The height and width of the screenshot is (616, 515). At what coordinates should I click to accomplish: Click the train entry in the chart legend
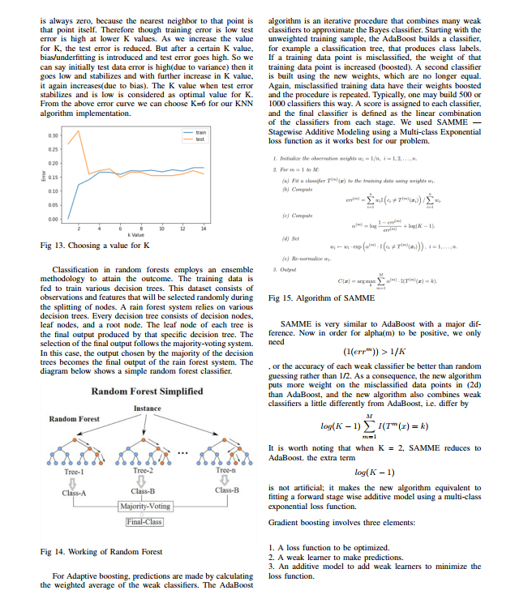click(198, 131)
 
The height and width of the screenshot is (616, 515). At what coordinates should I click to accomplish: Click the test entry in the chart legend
click(198, 139)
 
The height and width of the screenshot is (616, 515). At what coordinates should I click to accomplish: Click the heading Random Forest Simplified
click(147, 391)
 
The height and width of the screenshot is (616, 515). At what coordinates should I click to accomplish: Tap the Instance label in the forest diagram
click(147, 407)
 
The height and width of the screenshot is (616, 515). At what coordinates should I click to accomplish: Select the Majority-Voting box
click(144, 506)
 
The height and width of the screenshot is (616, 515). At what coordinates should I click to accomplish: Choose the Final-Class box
click(144, 522)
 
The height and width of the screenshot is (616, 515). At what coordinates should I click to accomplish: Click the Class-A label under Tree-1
click(74, 491)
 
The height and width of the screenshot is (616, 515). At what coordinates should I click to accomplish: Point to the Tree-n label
click(226, 470)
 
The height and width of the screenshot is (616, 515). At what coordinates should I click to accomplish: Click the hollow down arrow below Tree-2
click(144, 481)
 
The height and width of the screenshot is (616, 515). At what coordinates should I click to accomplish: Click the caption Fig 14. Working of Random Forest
click(101, 551)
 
